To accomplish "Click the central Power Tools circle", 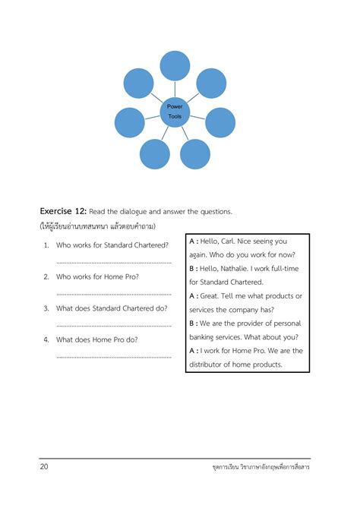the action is [175, 111].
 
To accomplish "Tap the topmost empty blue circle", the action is [175, 66].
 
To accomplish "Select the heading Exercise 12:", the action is [64, 211].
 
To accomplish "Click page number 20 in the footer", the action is [45, 466].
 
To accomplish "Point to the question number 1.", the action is [46, 245].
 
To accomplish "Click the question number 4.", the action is [46, 340].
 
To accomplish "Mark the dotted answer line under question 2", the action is [114, 293].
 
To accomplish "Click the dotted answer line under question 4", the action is [114, 356].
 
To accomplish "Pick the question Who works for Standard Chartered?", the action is [112, 245].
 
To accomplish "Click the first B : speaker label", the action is [193, 268].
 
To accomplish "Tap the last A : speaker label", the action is [193, 351].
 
